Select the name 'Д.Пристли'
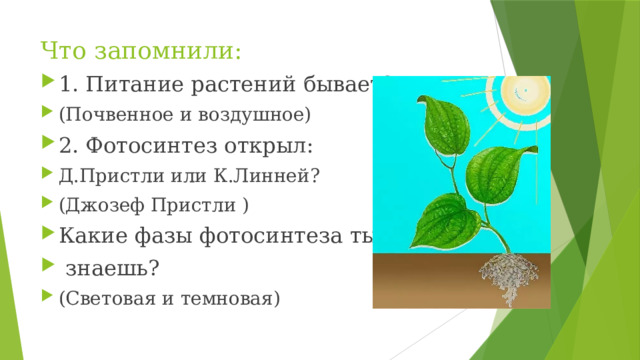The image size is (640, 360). tap(102, 177)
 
